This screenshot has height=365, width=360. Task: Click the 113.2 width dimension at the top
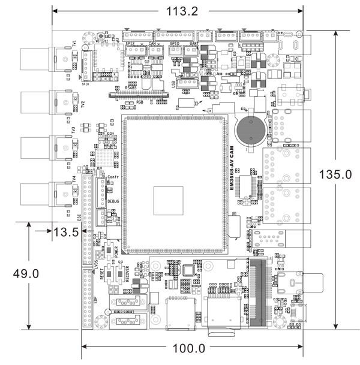pos(178,12)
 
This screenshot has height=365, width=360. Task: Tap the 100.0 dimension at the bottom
pos(189,348)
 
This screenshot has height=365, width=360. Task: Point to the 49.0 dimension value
pos(26,273)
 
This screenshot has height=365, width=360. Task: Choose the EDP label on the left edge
pos(95,300)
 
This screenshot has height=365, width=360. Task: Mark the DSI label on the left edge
pos(79,218)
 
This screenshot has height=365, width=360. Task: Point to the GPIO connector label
pos(175,43)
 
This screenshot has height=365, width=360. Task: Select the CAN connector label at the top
pos(152,43)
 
